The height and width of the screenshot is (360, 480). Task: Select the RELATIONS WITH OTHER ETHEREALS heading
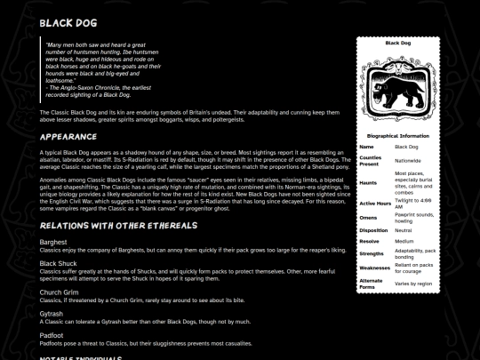(108, 224)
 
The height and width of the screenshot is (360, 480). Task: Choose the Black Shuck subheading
(59, 263)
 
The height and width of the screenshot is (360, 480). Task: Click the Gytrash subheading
(52, 313)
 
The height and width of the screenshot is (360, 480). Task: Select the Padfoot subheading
(52, 336)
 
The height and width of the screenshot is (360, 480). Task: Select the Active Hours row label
(374, 203)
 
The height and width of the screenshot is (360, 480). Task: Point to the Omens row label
(369, 217)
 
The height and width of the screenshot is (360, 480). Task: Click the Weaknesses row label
(375, 268)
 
